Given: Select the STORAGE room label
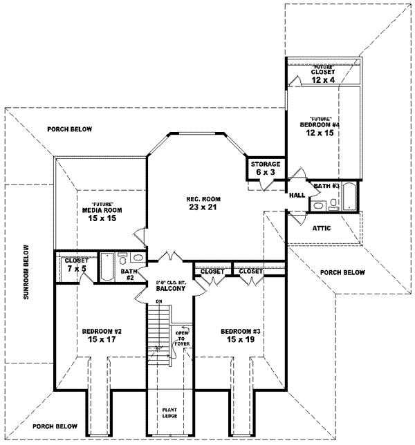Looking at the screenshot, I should click(x=265, y=164).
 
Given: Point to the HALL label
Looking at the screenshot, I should click(x=298, y=196).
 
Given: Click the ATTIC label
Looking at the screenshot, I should click(x=322, y=227).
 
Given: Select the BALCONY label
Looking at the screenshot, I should click(x=169, y=290).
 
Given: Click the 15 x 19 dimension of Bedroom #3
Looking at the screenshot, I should click(x=239, y=339).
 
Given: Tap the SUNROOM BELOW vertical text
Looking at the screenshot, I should click(x=26, y=272).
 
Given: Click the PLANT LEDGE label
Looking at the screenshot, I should click(x=169, y=413).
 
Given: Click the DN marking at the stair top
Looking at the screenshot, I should click(x=158, y=302).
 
